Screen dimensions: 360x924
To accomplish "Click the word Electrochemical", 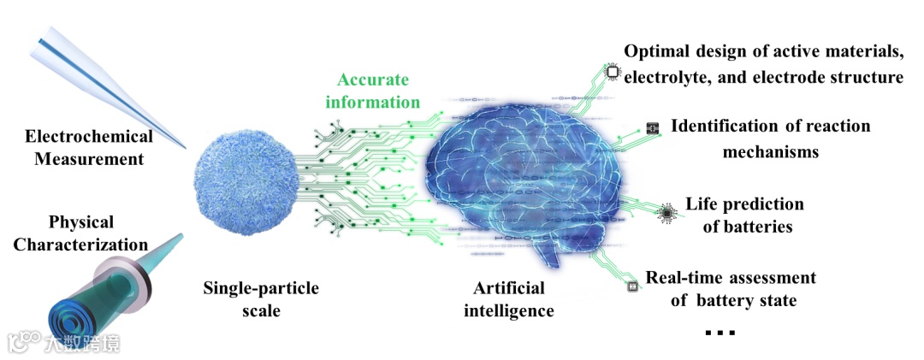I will (89, 136).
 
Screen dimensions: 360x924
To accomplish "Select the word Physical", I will (81, 222).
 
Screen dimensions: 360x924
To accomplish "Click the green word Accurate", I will (372, 80).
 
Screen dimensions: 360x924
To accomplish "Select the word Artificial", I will (508, 288).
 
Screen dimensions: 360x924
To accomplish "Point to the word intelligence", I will (508, 310).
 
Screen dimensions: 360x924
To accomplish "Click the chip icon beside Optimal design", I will (613, 74).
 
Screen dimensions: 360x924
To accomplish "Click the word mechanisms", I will (770, 152).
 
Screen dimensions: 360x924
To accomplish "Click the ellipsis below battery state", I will (720, 332).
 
